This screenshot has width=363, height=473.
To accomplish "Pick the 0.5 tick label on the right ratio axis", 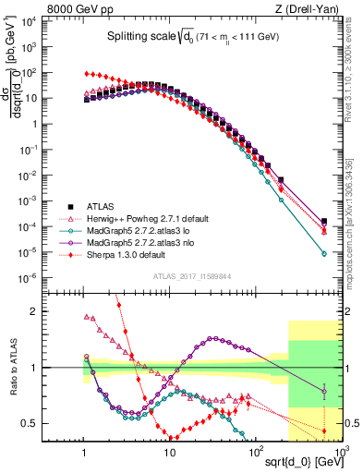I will tap(351, 424).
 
